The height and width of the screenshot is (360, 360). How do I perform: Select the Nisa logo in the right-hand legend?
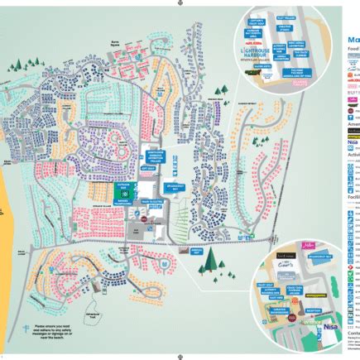(x=352, y=142)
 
